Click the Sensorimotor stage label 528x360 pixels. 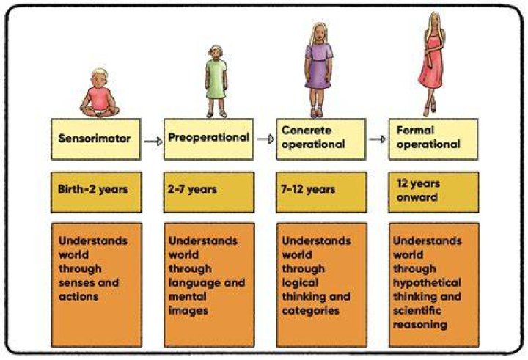click(95, 138)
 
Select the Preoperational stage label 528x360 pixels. click(208, 137)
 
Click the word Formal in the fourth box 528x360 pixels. click(415, 130)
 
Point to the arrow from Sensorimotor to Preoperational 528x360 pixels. click(153, 141)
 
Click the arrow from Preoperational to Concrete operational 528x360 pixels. click(265, 139)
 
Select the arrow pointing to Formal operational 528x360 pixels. click(377, 139)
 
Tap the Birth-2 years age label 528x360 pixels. click(93, 189)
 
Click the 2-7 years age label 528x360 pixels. click(192, 189)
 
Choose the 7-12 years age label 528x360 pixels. click(308, 189)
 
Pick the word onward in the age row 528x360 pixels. click(417, 197)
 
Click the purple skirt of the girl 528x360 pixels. click(318, 73)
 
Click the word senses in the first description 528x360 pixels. click(77, 282)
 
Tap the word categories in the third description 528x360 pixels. click(310, 311)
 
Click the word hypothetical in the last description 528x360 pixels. click(427, 284)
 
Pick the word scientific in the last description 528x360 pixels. click(417, 310)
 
